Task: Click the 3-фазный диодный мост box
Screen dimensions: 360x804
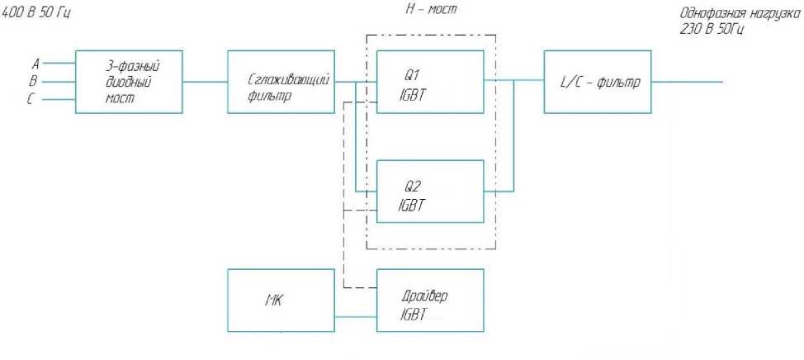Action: pos(128,81)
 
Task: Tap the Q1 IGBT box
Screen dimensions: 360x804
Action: pos(429,81)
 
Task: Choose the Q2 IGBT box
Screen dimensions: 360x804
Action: pos(429,191)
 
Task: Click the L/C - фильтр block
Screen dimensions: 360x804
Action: pos(597,81)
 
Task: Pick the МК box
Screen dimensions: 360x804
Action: pos(280,300)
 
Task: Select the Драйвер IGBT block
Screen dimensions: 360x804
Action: pos(429,300)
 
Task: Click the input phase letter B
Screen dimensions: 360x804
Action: pos(33,81)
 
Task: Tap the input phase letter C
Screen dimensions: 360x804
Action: pos(33,100)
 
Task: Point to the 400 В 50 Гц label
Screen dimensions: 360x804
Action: pos(37,13)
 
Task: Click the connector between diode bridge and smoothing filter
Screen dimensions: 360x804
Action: pos(205,81)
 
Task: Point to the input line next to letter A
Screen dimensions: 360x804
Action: pos(58,63)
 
